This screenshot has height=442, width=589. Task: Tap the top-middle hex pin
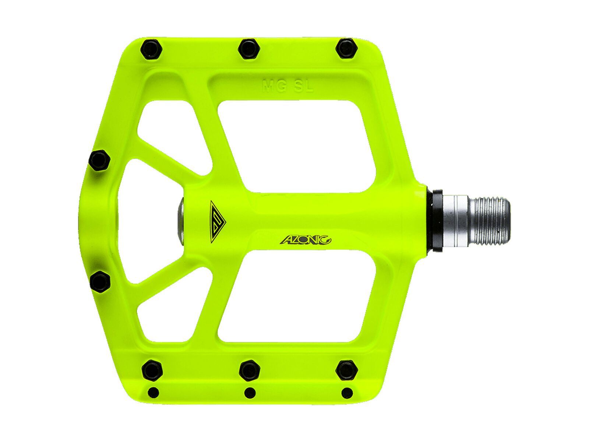249,48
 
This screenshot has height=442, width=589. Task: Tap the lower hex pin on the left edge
100,284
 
